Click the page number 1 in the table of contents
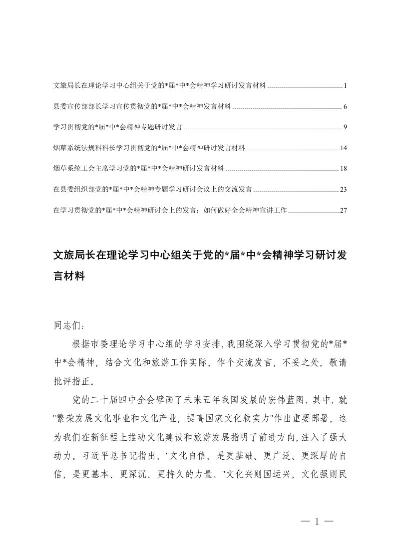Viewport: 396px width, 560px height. [345, 86]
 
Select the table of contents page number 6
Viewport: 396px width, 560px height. [345, 107]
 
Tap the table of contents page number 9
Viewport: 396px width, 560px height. [345, 127]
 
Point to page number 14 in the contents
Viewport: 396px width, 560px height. [343, 148]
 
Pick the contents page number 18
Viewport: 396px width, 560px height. [343, 169]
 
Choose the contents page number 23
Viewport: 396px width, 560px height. [343, 190]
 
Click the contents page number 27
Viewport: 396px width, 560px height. [343, 210]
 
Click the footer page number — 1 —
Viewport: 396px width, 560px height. [317, 522]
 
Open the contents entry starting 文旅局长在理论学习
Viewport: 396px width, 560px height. [160, 86]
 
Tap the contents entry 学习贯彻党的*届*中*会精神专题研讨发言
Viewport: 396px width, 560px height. [117, 127]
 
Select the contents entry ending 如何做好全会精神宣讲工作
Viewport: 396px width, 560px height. [170, 210]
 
